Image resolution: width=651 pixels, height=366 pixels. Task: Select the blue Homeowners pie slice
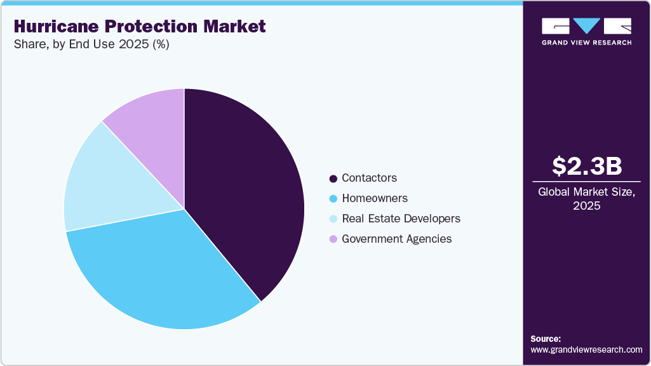pyautogui.click(x=159, y=273)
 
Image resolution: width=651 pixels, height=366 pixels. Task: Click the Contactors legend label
pyautogui.click(x=369, y=178)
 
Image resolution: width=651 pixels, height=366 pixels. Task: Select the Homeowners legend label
pyautogui.click(x=375, y=198)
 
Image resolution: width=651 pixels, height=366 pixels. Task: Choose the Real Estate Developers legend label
pyautogui.click(x=401, y=219)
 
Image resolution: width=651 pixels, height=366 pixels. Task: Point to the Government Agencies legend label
pyautogui.click(x=396, y=239)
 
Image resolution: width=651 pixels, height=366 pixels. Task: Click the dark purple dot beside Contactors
pyautogui.click(x=333, y=179)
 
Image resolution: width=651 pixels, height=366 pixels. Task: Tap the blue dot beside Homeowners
pyautogui.click(x=333, y=199)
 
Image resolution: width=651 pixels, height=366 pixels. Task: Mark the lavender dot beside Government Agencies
pyautogui.click(x=333, y=240)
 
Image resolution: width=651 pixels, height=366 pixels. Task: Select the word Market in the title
pyautogui.click(x=234, y=27)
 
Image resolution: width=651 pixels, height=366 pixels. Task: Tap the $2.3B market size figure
pyautogui.click(x=586, y=166)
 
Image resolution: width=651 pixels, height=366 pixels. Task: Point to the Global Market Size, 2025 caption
pyautogui.click(x=586, y=199)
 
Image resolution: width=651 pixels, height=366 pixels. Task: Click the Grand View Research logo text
pyautogui.click(x=586, y=43)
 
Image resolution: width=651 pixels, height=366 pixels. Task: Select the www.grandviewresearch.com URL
pyautogui.click(x=586, y=349)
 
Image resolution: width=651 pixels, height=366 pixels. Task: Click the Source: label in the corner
pyautogui.click(x=546, y=339)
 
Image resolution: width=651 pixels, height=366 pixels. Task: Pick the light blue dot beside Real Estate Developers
pyautogui.click(x=333, y=219)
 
